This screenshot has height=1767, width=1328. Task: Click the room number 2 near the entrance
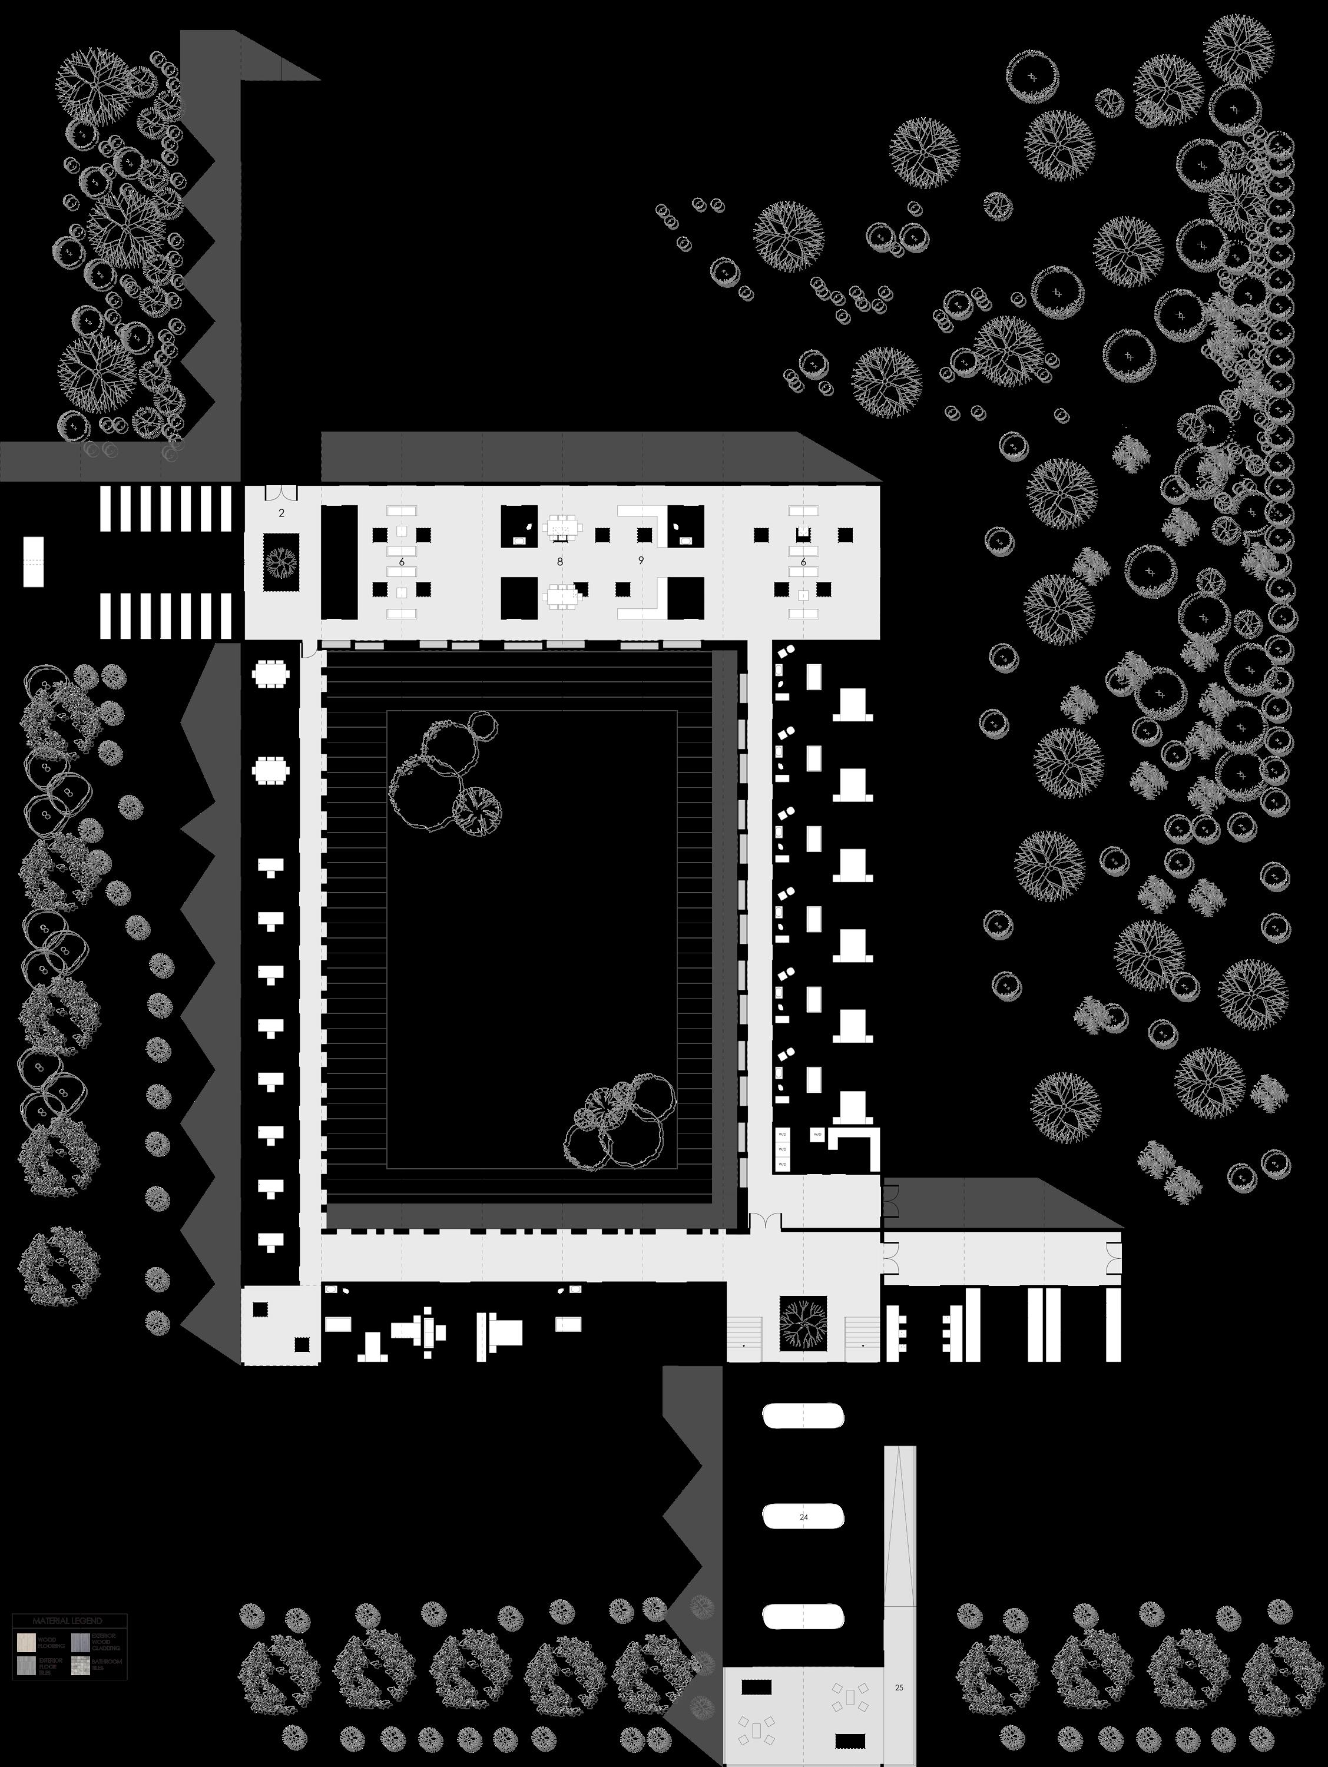(282, 513)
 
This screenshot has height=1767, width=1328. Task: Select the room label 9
(641, 561)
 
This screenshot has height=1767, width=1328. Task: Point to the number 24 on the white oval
(803, 1516)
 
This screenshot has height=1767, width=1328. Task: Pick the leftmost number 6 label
(402, 562)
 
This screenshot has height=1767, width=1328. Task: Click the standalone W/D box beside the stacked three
(817, 1135)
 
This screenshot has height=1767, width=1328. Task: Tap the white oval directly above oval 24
(803, 1416)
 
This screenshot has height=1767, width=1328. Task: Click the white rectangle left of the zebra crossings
(34, 562)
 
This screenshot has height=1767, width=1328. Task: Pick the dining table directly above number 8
(564, 527)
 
